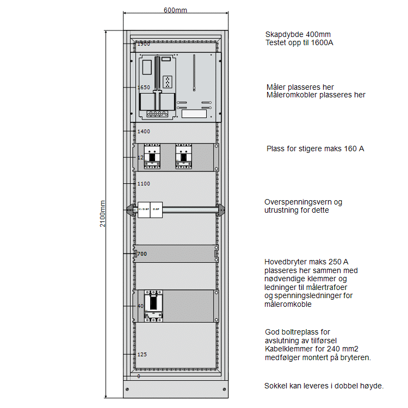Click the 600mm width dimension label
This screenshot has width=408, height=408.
coord(175,10)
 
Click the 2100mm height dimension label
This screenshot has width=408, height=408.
coord(103,214)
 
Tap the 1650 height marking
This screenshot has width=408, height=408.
coord(144,87)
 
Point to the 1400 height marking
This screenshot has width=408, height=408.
coord(144,131)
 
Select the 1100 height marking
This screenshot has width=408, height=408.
coord(144,184)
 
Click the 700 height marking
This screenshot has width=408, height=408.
coord(142,254)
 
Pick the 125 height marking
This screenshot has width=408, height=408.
coord(142,354)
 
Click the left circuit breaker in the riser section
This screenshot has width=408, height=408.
coord(152,156)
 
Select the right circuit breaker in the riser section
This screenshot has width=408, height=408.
coord(183,156)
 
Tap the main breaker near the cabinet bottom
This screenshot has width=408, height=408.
coord(153,305)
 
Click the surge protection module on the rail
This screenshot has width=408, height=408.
coord(150,210)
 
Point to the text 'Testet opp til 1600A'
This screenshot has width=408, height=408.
coord(299,42)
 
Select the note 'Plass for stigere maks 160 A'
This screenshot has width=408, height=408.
coord(315,148)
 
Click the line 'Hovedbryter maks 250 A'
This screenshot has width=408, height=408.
coord(306,262)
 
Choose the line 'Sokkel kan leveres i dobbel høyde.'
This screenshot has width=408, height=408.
coord(324,386)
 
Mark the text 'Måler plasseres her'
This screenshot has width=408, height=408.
coord(300,87)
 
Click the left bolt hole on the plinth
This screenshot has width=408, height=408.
coord(127,390)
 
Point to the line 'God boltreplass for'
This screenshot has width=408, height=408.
coord(298,332)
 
